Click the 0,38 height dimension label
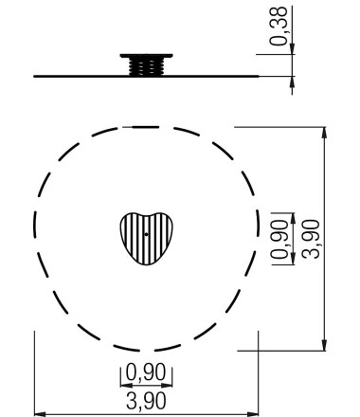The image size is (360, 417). point(279,26)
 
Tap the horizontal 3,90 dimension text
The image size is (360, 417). point(146,401)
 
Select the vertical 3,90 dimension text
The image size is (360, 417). point(311,239)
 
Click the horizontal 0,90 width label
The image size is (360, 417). point(146,372)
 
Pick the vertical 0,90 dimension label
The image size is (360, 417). point(279,239)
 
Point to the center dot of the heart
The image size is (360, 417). point(146,234)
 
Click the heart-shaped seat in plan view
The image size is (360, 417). point(146,239)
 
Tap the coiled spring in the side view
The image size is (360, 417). point(146,67)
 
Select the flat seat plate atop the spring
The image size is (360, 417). point(146,56)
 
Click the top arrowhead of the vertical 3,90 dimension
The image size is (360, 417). point(324,133)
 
